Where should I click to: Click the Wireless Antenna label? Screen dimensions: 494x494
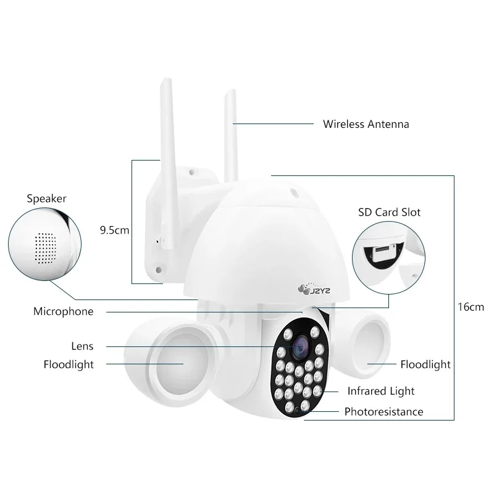point(366,124)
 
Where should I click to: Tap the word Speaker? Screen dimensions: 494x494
point(47,199)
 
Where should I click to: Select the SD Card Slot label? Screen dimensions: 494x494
point(389,212)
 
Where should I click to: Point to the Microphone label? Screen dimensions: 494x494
point(64,312)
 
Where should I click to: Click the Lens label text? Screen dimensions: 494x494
point(82,346)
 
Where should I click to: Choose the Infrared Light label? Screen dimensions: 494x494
point(381,391)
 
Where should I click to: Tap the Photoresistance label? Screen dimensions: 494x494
point(383,412)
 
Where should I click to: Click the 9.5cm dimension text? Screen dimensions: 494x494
point(114,230)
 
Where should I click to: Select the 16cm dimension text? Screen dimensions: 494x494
point(471,307)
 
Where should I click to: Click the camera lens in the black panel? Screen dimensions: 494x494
point(299,346)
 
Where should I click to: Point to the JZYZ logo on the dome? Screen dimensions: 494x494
point(314,290)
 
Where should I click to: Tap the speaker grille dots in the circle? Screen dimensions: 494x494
point(45,248)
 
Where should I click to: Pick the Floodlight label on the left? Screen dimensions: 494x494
point(69,364)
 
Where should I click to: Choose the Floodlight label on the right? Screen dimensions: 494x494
point(425,364)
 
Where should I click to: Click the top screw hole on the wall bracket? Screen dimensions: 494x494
point(191,172)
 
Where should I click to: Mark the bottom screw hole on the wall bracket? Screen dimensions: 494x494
point(159,269)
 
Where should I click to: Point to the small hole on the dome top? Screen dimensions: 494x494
point(295,193)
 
